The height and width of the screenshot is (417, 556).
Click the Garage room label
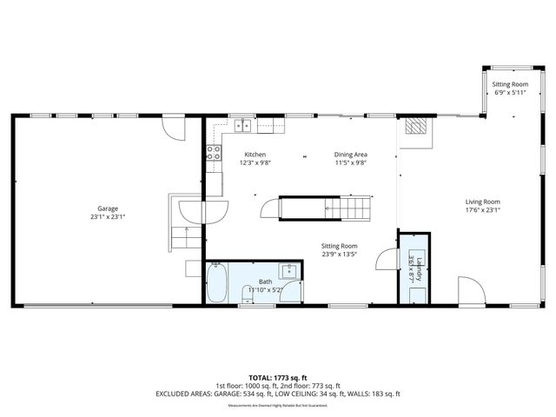[108, 208]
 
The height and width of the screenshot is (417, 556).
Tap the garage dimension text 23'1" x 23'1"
[108, 217]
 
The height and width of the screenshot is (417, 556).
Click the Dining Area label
[351, 155]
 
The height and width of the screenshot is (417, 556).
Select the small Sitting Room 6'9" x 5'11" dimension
[511, 92]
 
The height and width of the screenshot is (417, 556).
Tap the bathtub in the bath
[217, 283]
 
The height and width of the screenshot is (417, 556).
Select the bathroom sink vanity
[291, 272]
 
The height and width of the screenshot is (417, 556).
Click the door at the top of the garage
[175, 128]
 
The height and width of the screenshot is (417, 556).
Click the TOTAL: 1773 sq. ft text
[278, 377]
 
